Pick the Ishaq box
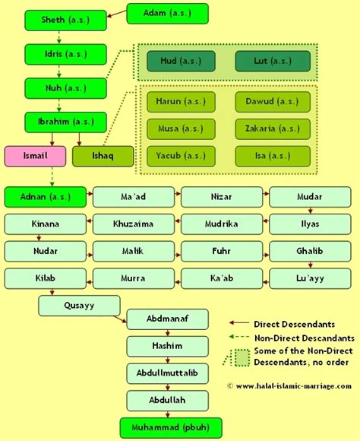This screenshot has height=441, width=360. [103, 156]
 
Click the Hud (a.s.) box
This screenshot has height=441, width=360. [182, 62]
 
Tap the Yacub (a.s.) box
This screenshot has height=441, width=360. [182, 156]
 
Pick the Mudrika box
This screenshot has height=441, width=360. [220, 224]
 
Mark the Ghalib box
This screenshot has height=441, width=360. [308, 251]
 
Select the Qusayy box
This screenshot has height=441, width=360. [79, 305]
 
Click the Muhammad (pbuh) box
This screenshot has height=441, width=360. [166, 426]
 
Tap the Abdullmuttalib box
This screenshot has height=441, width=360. [166, 373]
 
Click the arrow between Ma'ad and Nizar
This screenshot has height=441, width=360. [176, 197]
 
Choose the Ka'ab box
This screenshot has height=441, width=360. [220, 278]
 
